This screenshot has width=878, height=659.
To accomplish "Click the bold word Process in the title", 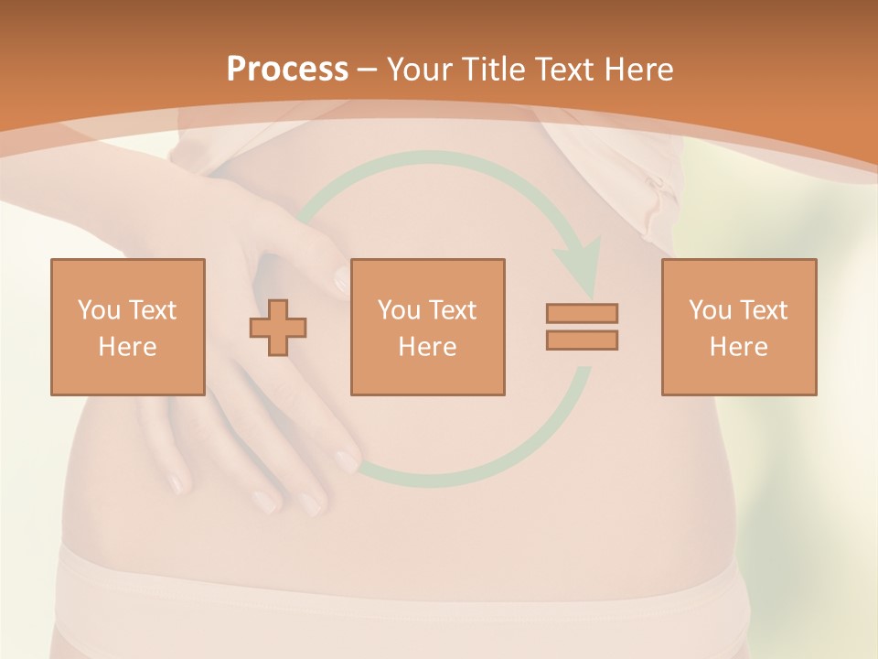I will click(287, 70).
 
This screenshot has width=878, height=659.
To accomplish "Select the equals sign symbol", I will click(582, 327).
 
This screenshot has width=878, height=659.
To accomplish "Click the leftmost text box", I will click(128, 327).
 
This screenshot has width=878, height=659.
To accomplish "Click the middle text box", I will click(427, 327).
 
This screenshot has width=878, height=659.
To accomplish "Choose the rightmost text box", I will click(738, 327).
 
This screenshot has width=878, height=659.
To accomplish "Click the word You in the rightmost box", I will click(709, 310).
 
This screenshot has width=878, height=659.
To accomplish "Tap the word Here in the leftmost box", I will click(128, 347).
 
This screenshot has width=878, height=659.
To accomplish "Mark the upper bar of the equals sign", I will click(582, 313).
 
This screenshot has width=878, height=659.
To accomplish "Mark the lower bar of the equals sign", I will click(582, 340).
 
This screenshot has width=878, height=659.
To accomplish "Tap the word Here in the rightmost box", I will click(738, 347).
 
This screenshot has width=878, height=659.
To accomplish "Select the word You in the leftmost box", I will click(98, 310).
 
